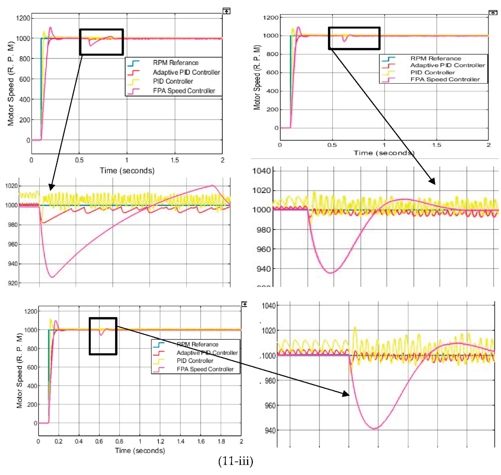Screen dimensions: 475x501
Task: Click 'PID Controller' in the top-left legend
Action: [173, 81]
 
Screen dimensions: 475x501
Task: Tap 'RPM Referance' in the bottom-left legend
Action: [197, 344]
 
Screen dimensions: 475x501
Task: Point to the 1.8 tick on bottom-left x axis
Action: [221, 441]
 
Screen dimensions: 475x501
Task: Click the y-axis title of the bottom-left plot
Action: [19, 370]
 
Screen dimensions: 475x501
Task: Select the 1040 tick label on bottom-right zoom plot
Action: [268, 306]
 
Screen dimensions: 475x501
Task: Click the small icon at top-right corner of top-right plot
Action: [493, 13]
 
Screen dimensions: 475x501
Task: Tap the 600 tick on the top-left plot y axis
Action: [25, 79]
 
